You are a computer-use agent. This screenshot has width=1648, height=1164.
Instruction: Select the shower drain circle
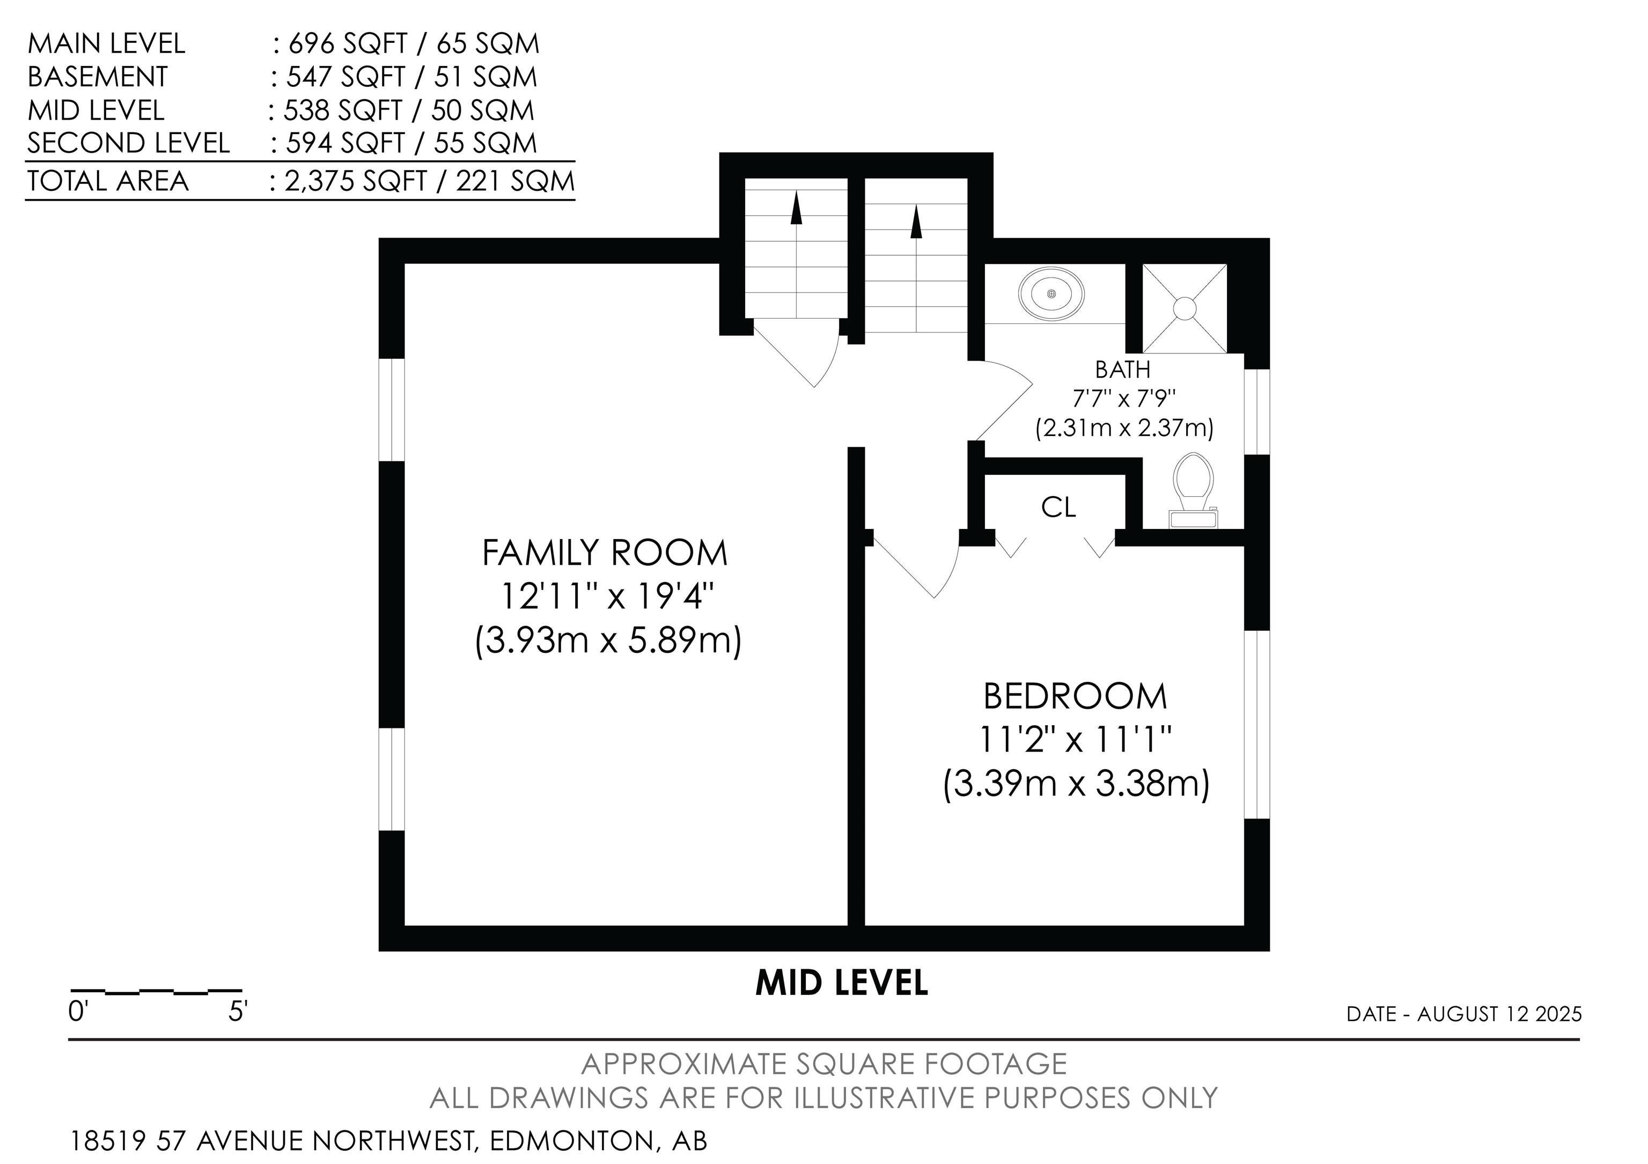point(1184,308)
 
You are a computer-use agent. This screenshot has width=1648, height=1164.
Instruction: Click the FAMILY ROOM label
point(605,552)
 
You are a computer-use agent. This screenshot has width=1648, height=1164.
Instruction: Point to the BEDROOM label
point(1075,696)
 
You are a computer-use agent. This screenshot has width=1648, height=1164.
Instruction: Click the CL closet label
point(1059,507)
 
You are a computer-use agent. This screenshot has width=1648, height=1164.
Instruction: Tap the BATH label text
point(1123,370)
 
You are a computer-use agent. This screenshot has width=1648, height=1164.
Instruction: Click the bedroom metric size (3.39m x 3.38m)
point(1076,783)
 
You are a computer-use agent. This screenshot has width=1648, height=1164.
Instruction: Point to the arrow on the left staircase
point(796,208)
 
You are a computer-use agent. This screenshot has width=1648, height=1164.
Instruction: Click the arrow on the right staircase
point(915,222)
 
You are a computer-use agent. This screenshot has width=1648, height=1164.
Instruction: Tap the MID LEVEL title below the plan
point(842,983)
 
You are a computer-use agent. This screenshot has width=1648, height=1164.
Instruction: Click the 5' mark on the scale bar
point(238,1012)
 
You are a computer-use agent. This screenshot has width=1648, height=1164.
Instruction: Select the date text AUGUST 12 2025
point(1499,1014)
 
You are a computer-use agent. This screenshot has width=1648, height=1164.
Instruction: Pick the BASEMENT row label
point(98,77)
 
